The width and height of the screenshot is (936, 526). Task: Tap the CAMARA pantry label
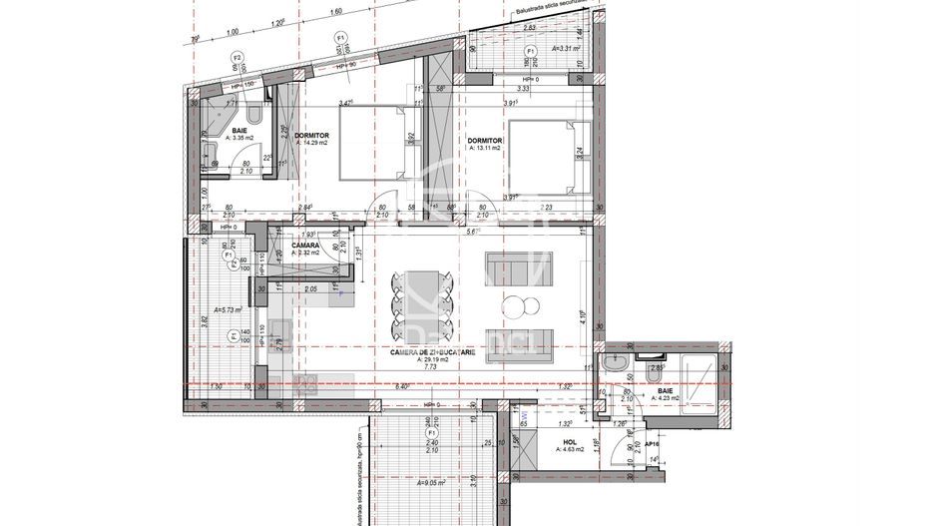pos(305,245)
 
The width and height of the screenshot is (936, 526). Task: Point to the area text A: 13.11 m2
pos(486,153)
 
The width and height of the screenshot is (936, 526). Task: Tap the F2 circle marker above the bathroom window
pos(237,58)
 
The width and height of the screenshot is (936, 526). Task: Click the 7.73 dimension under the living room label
pos(431,367)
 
